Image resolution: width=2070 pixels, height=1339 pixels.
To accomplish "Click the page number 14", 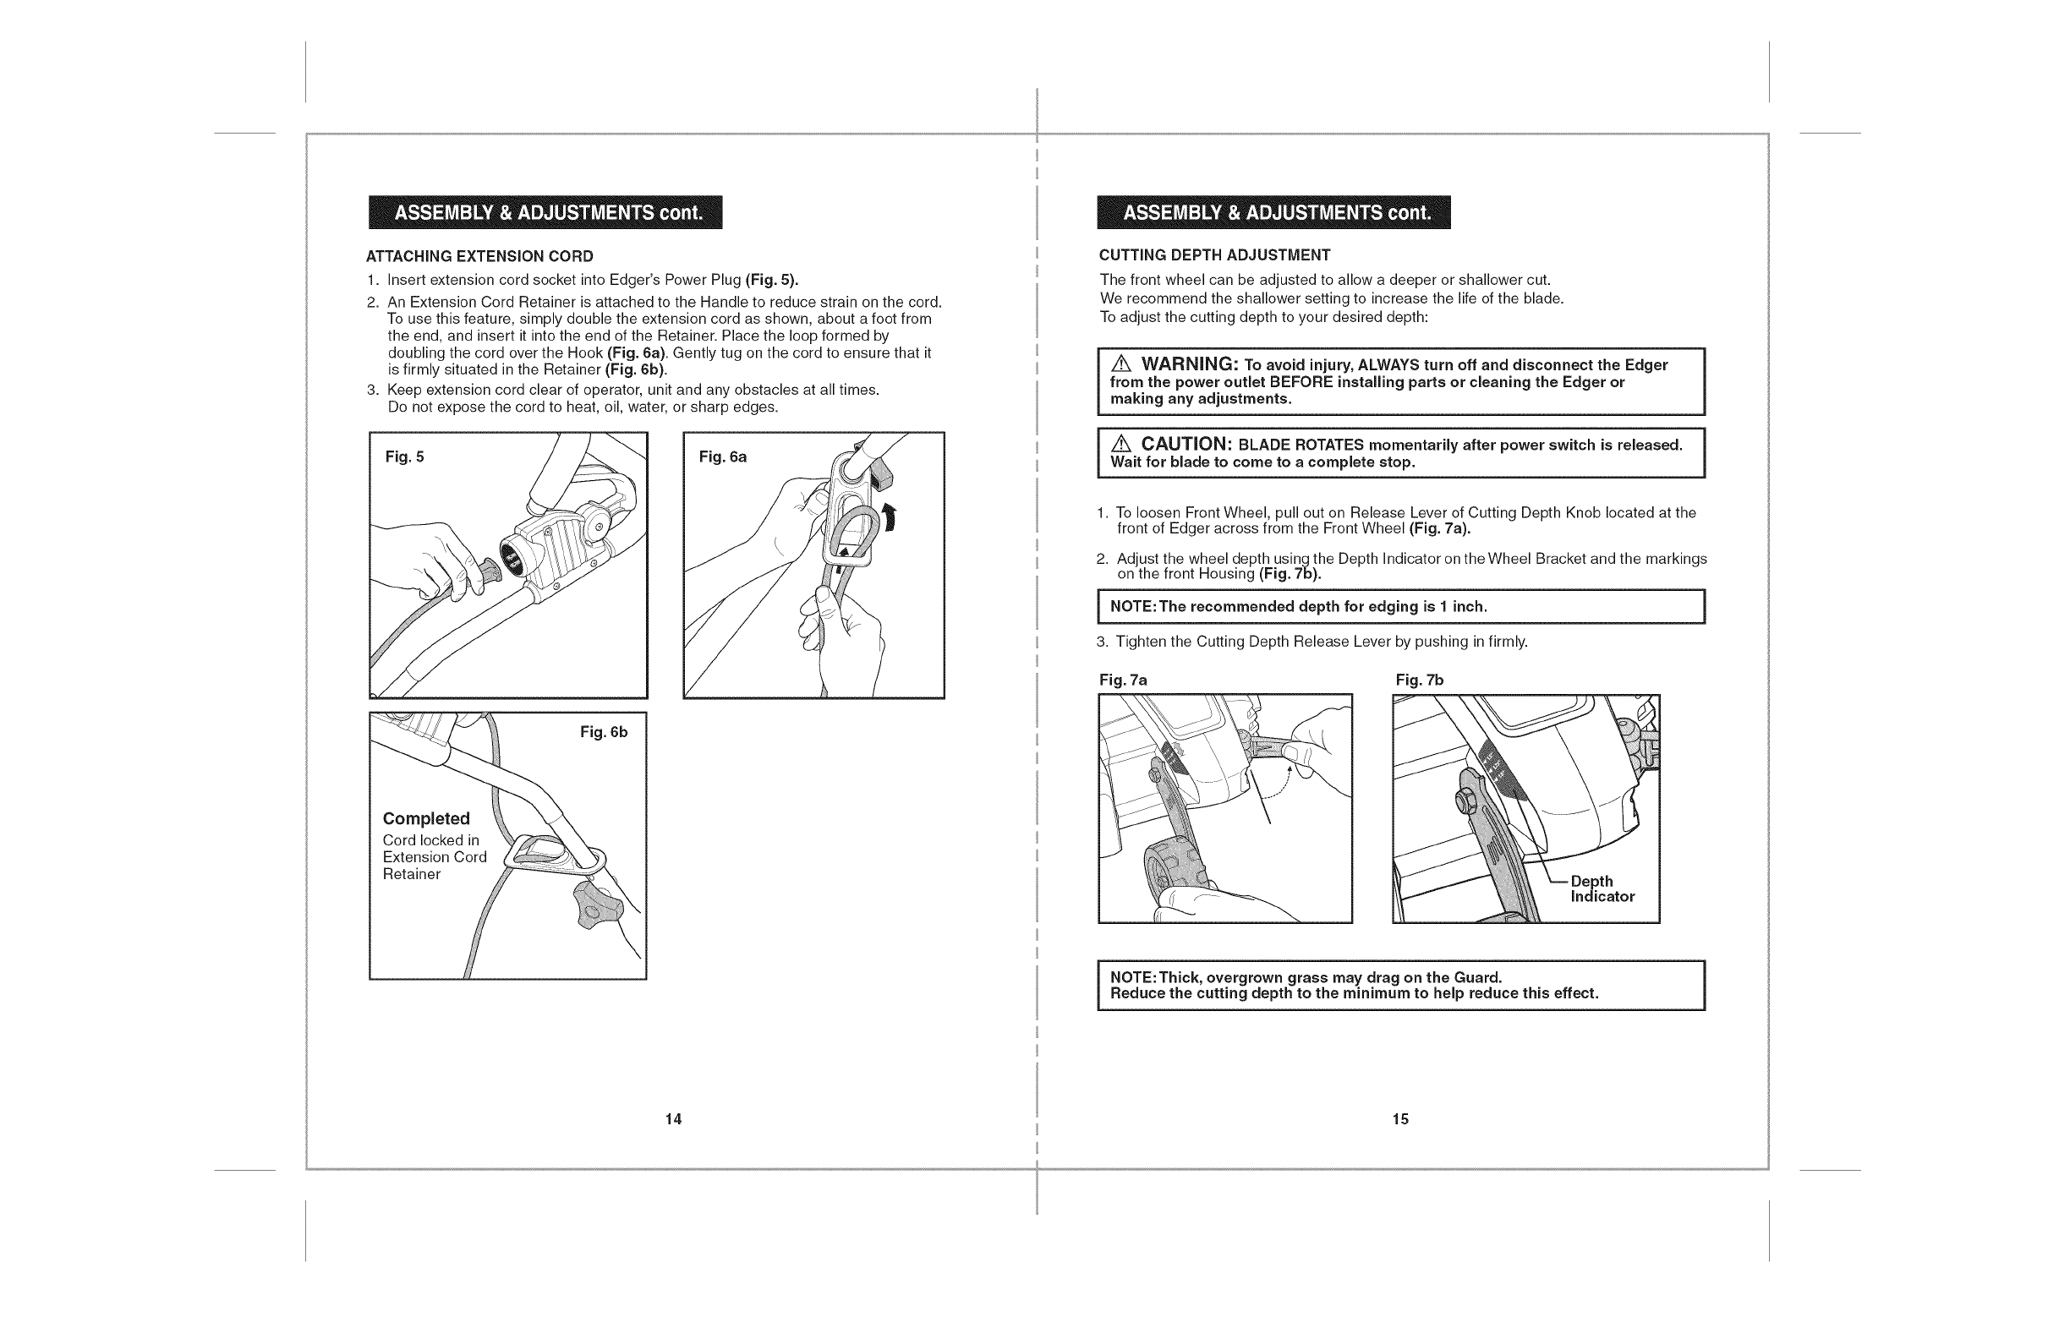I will pyautogui.click(x=673, y=1119).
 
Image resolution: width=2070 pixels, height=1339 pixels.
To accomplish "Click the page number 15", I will pyautogui.click(x=1400, y=1119).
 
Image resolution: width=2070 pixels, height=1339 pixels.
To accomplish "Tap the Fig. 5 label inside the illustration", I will pyautogui.click(x=404, y=457).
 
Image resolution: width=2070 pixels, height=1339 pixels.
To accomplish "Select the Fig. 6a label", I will pyautogui.click(x=722, y=457).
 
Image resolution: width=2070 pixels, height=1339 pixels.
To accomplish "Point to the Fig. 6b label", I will pyautogui.click(x=604, y=732).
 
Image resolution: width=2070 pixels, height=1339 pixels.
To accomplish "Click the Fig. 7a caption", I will pyautogui.click(x=1123, y=680).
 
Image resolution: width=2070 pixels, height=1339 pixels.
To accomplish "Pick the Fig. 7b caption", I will pyautogui.click(x=1420, y=680).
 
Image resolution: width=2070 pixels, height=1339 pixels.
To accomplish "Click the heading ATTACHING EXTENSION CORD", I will pyautogui.click(x=479, y=256).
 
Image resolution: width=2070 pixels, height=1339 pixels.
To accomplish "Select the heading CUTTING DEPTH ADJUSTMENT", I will pyautogui.click(x=1214, y=254).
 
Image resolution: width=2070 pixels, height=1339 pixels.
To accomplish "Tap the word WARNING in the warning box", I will pyautogui.click(x=1189, y=364).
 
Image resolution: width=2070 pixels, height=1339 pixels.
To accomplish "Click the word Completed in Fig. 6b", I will pyautogui.click(x=426, y=818).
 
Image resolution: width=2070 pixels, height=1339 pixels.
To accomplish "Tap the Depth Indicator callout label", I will pyautogui.click(x=1602, y=888).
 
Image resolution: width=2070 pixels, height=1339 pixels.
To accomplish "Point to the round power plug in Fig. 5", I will pyautogui.click(x=510, y=555).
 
